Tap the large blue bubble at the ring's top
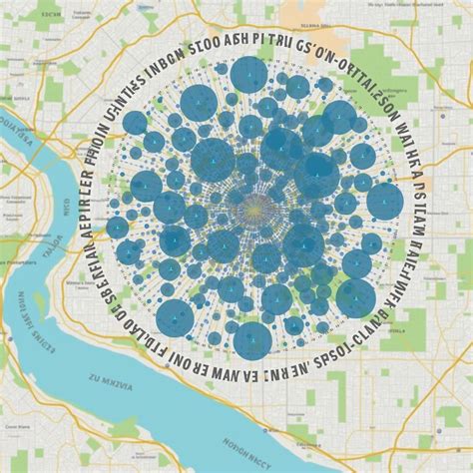(x=248, y=76)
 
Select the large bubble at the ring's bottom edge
(x=250, y=340)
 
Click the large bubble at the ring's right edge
(x=385, y=202)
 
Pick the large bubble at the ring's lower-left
(x=174, y=315)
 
